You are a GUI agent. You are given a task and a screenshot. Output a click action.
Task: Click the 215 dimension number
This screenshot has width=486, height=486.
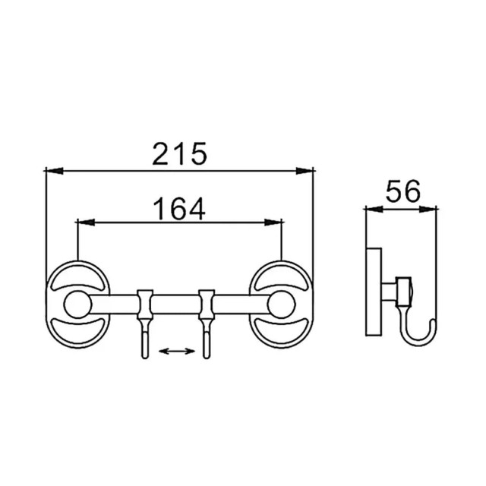coord(179,153)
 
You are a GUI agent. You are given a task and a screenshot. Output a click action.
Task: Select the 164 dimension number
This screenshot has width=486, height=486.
coord(179,209)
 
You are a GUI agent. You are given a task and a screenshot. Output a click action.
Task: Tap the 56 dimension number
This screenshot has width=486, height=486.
coord(402,191)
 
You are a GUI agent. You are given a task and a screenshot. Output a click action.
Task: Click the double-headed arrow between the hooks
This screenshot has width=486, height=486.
coord(177,351)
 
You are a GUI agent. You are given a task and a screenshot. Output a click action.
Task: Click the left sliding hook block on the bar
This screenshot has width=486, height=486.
coord(145,305)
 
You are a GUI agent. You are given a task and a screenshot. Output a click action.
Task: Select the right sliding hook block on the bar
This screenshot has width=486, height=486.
coord(207,305)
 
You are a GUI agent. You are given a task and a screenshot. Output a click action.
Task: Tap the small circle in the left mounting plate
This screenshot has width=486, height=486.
coord(77,305)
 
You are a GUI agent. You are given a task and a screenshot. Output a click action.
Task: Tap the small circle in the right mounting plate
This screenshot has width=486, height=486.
coord(281,305)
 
